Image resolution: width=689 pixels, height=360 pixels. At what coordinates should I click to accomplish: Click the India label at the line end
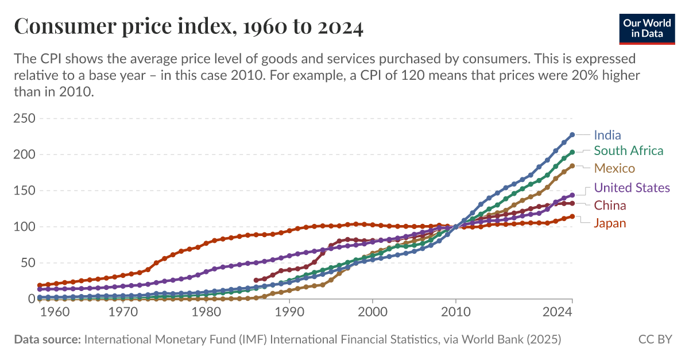pos(607,136)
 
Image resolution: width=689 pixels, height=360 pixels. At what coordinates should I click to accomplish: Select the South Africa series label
pos(628,151)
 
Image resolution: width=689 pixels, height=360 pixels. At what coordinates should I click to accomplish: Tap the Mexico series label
pos(614,168)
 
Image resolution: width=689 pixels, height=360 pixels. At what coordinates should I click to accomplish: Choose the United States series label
pos(632,188)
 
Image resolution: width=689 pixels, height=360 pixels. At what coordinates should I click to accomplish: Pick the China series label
pos(610,206)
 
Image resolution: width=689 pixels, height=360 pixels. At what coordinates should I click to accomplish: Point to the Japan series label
pos(610,223)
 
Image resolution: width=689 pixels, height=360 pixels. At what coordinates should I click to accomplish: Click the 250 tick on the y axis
pos(24,119)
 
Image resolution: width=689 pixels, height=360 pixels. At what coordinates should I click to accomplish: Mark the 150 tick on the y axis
pos(24,191)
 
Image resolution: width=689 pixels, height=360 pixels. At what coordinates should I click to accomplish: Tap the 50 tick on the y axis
pos(28,263)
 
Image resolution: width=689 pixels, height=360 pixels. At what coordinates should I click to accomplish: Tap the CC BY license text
pos(655,339)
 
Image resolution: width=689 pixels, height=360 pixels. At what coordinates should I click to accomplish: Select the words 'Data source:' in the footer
pos(47,339)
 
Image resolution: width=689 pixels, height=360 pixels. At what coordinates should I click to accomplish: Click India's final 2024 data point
pos(572,135)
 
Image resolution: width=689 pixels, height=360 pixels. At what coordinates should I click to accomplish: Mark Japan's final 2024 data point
pos(572,216)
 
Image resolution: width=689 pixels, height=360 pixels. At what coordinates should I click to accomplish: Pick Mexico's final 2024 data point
pos(572,166)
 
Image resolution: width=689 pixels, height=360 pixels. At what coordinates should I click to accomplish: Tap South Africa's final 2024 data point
pos(572,152)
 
